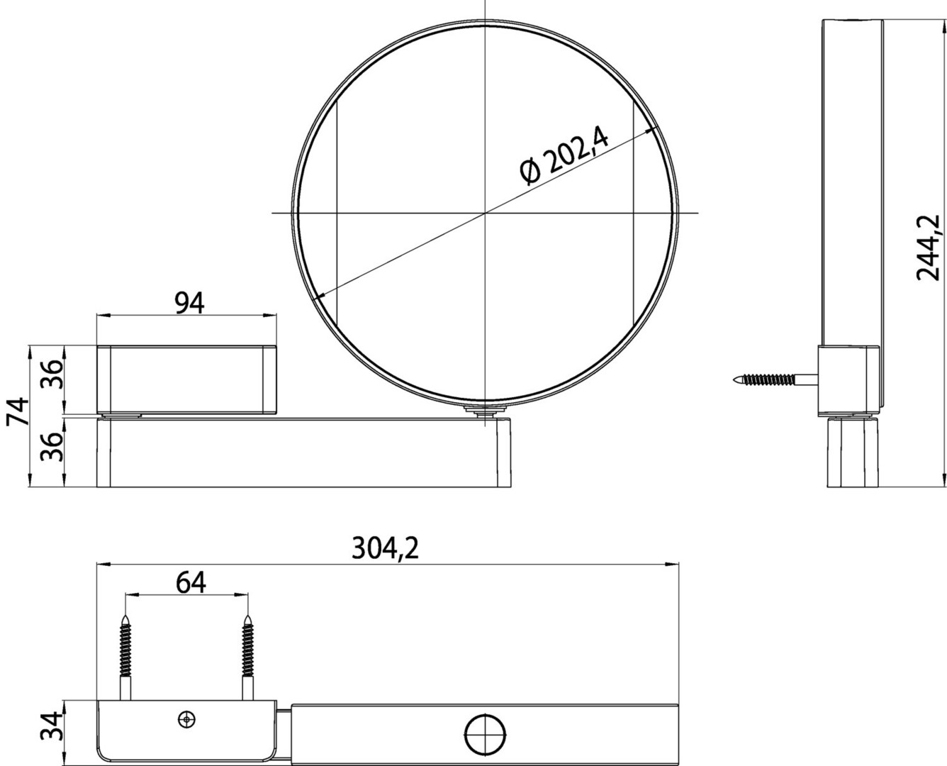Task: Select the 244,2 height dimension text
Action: [929, 248]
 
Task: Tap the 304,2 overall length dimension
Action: [385, 549]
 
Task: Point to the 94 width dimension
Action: [189, 303]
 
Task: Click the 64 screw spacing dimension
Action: [191, 583]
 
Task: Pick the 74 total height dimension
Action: [18, 411]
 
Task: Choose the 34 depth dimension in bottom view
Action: [51, 726]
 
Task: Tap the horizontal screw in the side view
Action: [776, 380]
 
